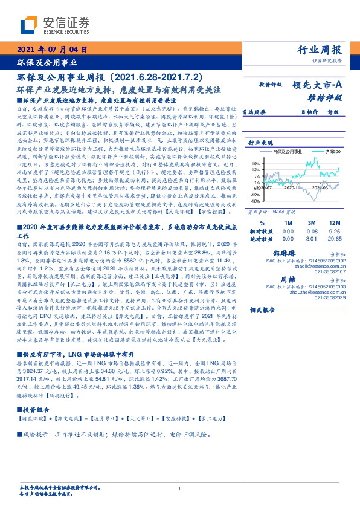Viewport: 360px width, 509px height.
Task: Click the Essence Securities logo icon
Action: tap(28, 25)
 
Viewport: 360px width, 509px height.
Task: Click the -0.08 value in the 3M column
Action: tap(312, 231)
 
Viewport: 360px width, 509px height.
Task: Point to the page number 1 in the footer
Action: tap(180, 488)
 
